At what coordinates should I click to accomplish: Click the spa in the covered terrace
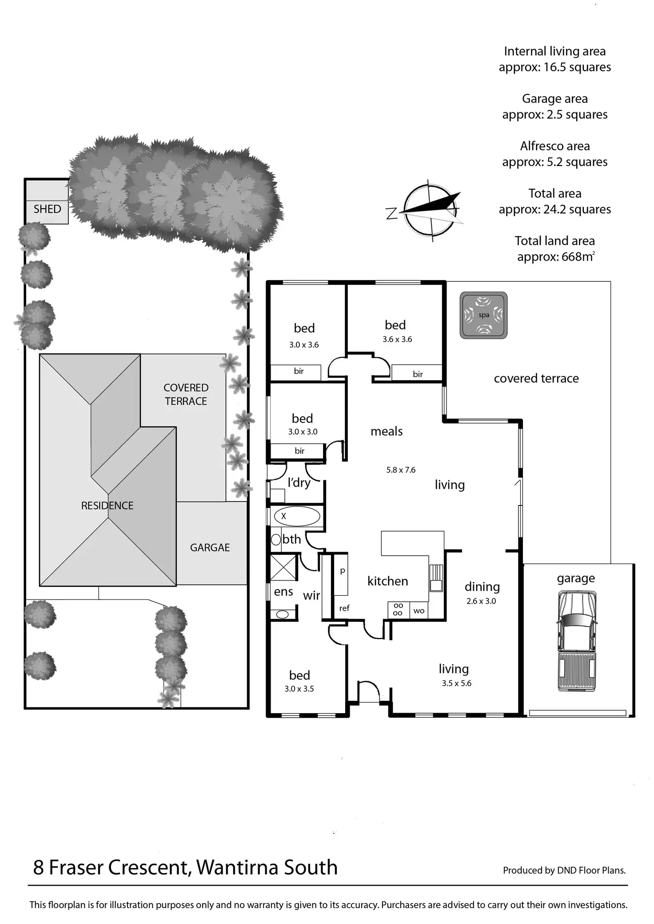tap(483, 315)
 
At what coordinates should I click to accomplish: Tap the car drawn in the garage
tap(576, 641)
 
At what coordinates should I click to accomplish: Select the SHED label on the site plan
tap(47, 209)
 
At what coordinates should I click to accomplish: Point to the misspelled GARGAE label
tap(210, 548)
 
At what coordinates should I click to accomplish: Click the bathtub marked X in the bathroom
tap(297, 516)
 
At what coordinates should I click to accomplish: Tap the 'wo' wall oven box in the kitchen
tap(419, 611)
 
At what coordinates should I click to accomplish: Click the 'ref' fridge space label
tap(344, 608)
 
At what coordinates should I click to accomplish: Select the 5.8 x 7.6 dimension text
tap(401, 470)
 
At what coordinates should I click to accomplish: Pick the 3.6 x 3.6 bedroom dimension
tap(397, 339)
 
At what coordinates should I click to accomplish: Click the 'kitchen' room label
tap(387, 581)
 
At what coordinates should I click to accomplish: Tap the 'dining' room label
tap(482, 587)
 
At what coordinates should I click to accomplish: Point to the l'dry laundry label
tap(299, 482)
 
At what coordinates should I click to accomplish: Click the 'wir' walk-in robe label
tap(311, 595)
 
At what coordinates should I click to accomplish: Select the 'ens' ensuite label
tap(283, 592)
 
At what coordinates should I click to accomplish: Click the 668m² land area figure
tap(578, 257)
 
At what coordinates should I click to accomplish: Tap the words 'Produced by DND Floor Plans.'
tap(564, 870)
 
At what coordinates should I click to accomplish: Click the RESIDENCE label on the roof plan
tap(107, 505)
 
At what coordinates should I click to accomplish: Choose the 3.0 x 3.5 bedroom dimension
tap(299, 689)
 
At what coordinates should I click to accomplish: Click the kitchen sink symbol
tap(436, 579)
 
